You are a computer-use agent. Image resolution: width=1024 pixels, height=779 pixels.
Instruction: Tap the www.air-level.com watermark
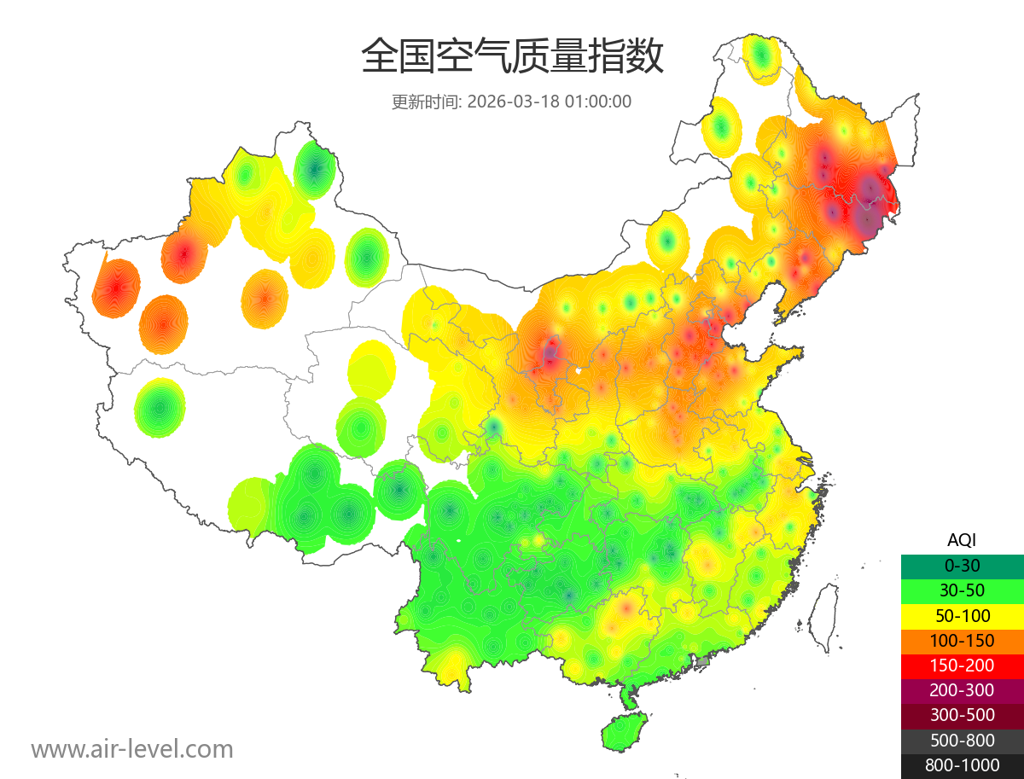click(x=132, y=749)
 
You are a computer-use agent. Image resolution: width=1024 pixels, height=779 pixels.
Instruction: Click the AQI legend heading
click(x=962, y=539)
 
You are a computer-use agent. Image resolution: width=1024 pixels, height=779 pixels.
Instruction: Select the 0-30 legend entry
click(x=962, y=565)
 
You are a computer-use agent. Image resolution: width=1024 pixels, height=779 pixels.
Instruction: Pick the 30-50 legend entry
click(x=962, y=590)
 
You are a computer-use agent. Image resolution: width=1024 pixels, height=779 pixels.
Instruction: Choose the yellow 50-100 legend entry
click(x=962, y=615)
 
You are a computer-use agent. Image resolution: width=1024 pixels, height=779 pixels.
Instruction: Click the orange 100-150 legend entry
click(x=962, y=640)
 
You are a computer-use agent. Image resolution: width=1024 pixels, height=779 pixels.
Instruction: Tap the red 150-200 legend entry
click(x=962, y=665)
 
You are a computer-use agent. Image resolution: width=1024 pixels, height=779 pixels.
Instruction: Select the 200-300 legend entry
click(x=962, y=690)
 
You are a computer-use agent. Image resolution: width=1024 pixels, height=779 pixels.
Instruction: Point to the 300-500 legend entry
click(x=962, y=715)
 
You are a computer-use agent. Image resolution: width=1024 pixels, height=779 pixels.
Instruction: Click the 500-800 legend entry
click(x=962, y=740)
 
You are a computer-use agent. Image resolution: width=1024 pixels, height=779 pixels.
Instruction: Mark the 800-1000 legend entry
click(x=962, y=765)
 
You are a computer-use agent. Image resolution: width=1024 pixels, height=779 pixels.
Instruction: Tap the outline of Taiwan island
click(x=823, y=619)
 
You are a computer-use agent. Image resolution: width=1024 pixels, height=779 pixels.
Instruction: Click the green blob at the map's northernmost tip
click(x=761, y=58)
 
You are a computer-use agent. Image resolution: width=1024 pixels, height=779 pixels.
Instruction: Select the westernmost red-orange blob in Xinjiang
click(x=117, y=288)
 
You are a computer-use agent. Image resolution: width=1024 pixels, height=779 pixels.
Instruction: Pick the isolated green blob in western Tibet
click(x=160, y=408)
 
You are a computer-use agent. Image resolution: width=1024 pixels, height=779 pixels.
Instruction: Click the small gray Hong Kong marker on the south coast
click(x=703, y=661)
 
